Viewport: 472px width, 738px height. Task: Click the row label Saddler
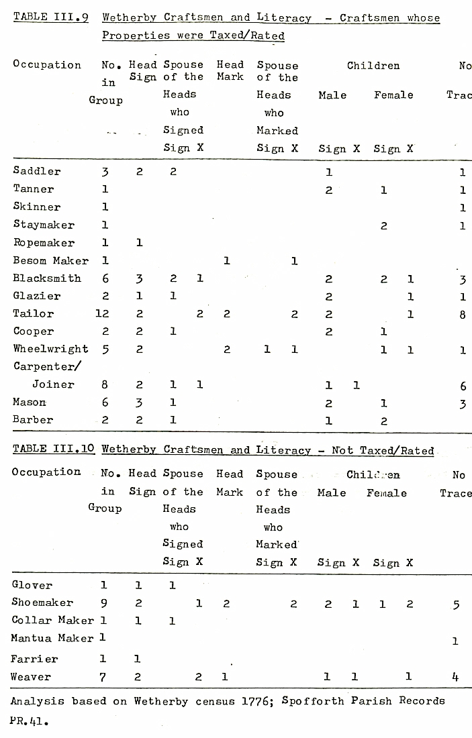tap(37, 171)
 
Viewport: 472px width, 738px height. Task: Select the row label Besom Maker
tap(50, 260)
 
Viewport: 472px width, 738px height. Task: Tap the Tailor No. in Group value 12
tap(103, 313)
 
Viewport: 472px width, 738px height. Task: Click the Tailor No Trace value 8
tap(463, 313)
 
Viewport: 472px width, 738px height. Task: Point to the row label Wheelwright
tap(50, 349)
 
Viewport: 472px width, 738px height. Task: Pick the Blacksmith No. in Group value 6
tap(105, 278)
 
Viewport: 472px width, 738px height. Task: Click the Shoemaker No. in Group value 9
tap(103, 603)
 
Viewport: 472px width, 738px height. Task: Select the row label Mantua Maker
tap(52, 638)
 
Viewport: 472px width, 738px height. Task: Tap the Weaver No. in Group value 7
tap(103, 677)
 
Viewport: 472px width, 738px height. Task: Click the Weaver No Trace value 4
tap(455, 677)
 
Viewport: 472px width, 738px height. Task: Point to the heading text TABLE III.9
tap(51, 18)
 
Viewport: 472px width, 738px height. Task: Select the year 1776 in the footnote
tap(256, 701)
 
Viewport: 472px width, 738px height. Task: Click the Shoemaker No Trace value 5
tap(456, 604)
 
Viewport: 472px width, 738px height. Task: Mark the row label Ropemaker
tap(44, 243)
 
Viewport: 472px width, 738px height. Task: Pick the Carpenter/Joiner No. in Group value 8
tap(105, 384)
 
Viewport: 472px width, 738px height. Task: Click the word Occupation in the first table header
tap(47, 65)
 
